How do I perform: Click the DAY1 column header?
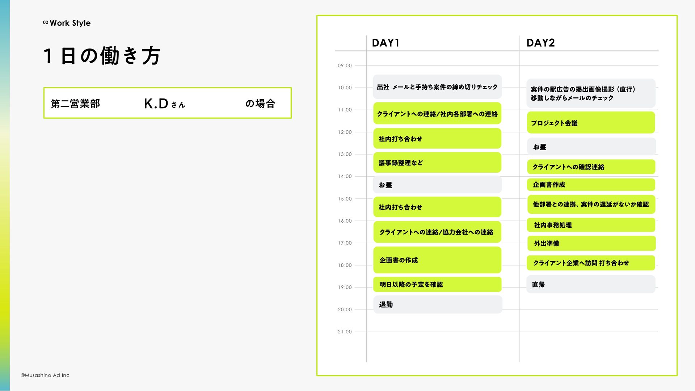(x=386, y=43)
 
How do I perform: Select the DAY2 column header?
(x=540, y=43)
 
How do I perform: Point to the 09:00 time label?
(x=345, y=66)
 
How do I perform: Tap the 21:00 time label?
(x=345, y=332)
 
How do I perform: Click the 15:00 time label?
(x=345, y=199)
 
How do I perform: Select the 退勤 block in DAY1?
(x=437, y=304)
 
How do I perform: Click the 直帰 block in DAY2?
(x=590, y=284)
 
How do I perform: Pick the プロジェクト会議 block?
(x=590, y=123)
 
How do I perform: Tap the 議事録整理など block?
(x=437, y=163)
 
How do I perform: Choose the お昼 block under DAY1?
(x=437, y=185)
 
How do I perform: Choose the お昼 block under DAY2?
(x=591, y=147)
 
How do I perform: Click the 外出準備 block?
(x=591, y=243)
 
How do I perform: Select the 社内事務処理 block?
(x=591, y=225)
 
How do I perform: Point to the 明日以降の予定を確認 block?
(x=437, y=284)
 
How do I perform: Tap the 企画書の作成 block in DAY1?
(x=437, y=260)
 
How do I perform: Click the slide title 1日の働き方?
(x=102, y=56)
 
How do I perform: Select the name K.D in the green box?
(x=156, y=104)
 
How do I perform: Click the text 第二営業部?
(x=75, y=104)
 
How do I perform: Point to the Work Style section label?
(x=70, y=23)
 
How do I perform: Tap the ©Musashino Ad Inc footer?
(x=45, y=375)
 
